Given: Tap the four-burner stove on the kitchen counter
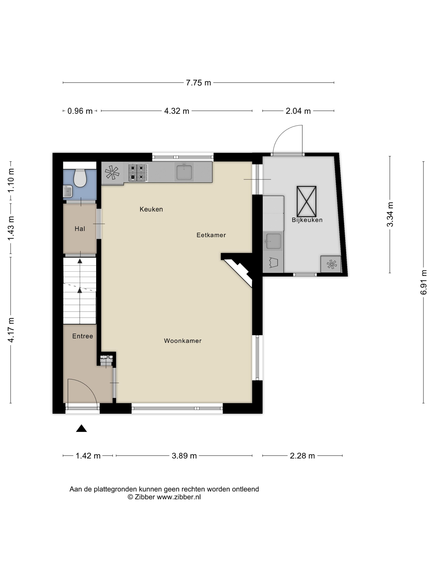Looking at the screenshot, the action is coord(138,172).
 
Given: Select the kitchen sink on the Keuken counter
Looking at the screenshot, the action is coord(184,171).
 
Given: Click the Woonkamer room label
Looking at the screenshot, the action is coord(183,341).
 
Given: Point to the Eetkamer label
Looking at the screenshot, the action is coord(211,235).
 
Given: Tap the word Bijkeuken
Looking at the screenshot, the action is coord(307,220).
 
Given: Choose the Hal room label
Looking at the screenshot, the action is coord(80,229).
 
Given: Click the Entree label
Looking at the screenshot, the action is coord(83,336).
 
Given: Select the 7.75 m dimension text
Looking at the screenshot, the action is coord(198,83).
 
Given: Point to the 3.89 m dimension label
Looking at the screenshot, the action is coord(184,456).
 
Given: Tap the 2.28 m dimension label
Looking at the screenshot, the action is coord(302,456).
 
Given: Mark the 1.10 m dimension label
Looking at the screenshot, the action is coord(11,181).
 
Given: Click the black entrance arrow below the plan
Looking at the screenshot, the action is coord(81,428).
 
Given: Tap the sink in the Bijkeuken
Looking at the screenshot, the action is coord(273,241).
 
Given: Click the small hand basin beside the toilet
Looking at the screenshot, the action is coord(68,191).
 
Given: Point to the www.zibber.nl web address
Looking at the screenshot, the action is coord(179,497).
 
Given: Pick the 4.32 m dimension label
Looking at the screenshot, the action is coord(176,111).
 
